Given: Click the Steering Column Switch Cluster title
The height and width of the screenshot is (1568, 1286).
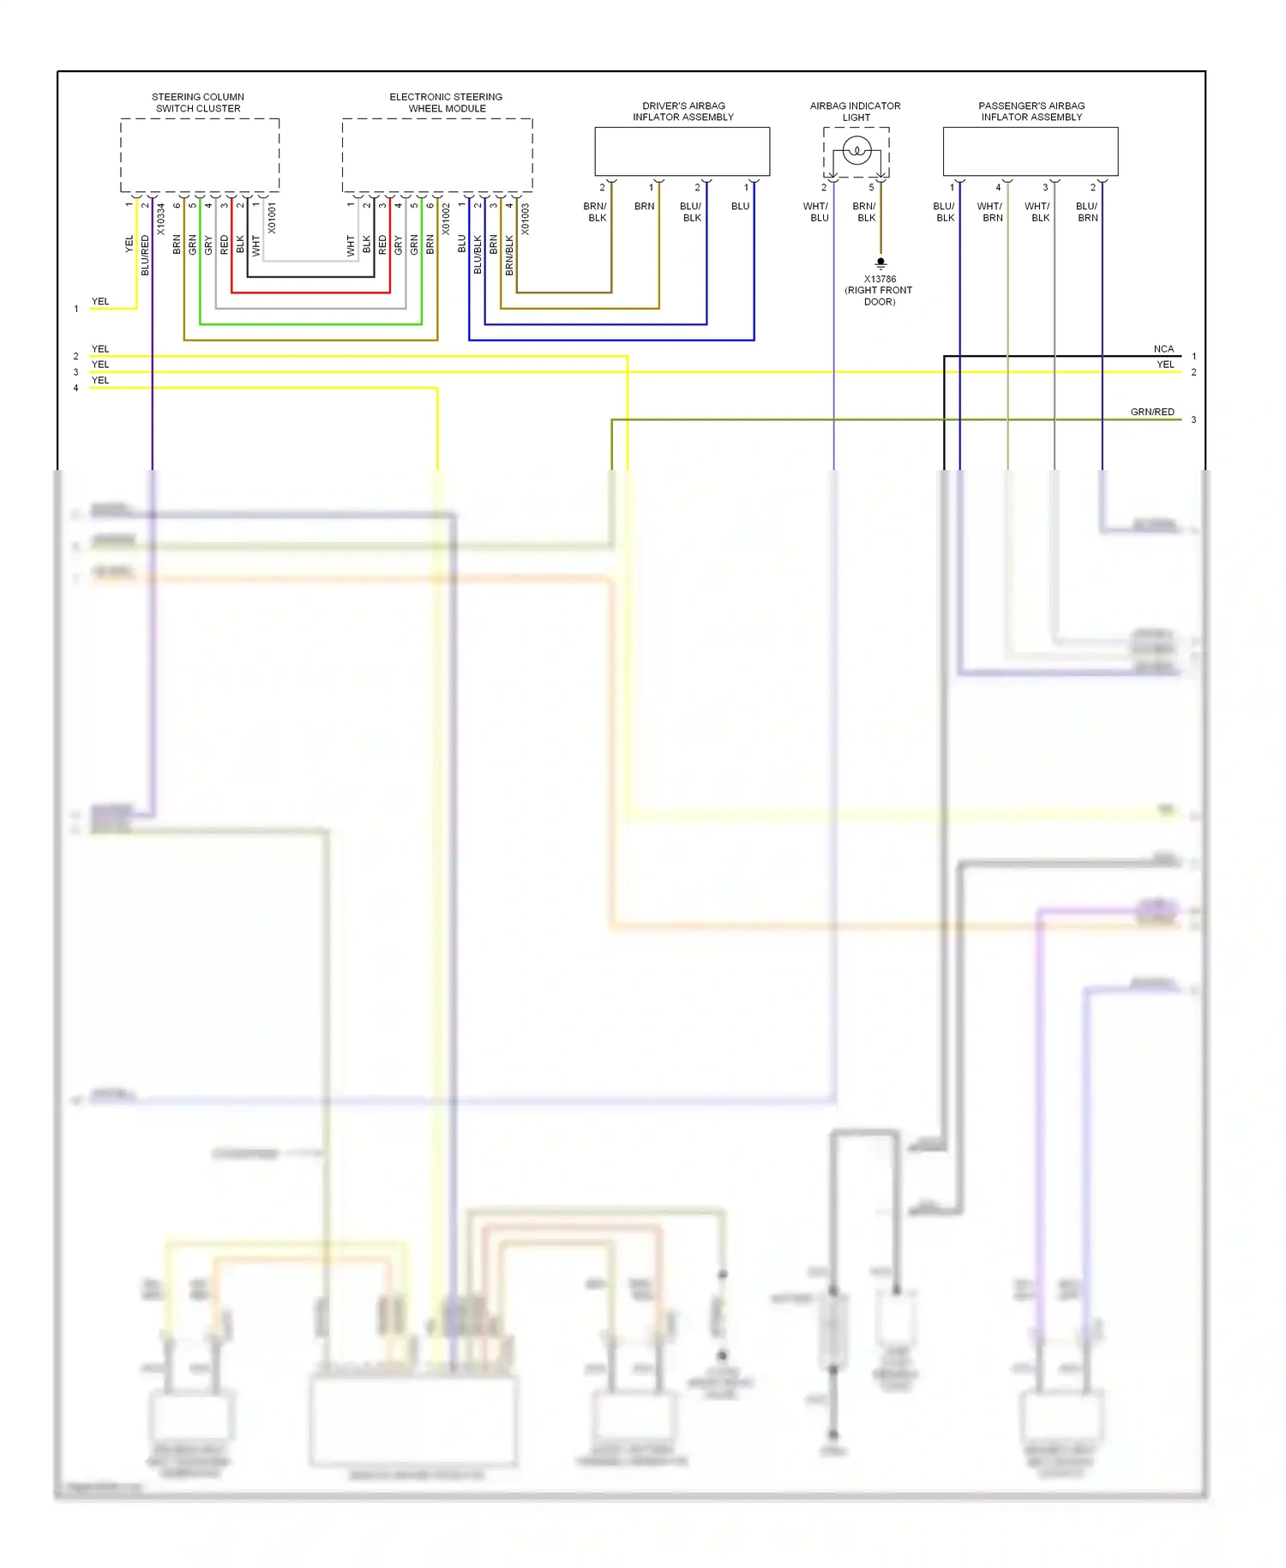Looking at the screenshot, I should pos(198,103).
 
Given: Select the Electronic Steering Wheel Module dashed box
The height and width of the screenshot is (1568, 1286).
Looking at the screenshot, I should pos(437,155).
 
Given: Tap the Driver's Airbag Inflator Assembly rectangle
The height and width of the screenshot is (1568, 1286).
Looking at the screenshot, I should pos(682,152).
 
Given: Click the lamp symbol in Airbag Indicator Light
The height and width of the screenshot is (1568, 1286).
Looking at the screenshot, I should pos(856,152).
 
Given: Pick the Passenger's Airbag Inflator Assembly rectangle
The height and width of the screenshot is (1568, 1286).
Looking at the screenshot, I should pos(1031,152).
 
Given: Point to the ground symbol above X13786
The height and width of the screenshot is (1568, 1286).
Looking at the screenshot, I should pos(880,263).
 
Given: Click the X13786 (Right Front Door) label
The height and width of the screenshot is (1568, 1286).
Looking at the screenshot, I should pos(880,290).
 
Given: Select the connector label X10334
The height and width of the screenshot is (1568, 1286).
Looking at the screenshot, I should pos(161,220).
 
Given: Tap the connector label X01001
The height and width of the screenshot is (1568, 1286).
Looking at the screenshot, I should pos(272,218).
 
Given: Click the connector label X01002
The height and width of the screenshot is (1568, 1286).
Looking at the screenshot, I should pos(446,220).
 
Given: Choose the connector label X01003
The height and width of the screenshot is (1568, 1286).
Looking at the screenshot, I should pos(526,219).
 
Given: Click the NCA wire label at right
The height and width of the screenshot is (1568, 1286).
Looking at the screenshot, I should pos(1163,349).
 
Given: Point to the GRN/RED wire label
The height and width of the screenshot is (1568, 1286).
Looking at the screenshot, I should pos(1152,412).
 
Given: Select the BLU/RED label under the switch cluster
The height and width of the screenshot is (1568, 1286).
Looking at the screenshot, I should pos(145,255).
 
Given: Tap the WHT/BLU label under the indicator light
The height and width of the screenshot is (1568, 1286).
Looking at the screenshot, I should pos(816,212).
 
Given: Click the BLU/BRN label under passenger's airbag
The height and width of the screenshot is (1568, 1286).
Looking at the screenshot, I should pos(1087,212).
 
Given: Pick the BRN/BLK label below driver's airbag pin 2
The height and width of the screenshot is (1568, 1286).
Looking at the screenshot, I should pos(596,212).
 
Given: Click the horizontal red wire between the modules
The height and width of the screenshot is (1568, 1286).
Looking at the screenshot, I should pos(310,292).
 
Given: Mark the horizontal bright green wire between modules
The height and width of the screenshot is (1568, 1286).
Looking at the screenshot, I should pos(310,324).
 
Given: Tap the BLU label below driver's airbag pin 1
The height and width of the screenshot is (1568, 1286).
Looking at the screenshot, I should pos(741,207).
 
